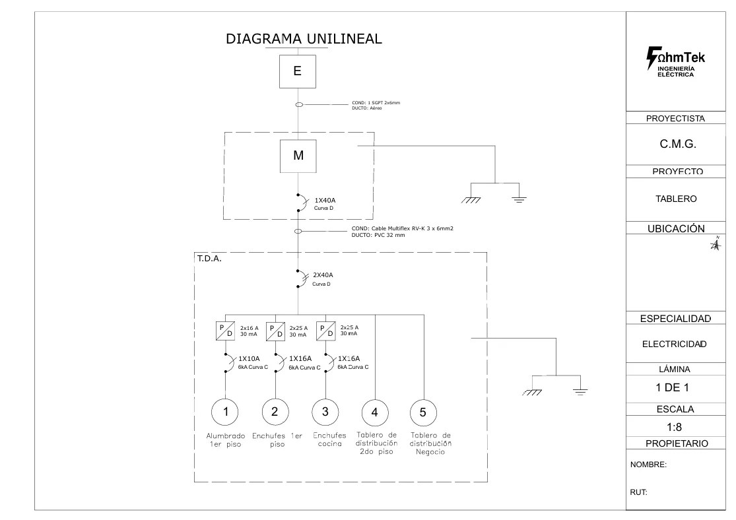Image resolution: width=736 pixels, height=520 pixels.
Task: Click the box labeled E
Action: click(x=298, y=71)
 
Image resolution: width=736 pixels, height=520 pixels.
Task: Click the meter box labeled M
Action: click(x=298, y=156)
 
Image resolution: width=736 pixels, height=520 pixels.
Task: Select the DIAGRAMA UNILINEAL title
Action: click(x=304, y=39)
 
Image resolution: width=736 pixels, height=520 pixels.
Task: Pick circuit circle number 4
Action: click(x=375, y=412)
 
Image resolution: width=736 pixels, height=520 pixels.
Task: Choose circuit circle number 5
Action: click(x=423, y=412)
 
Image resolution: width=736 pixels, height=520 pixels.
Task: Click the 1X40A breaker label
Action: click(x=325, y=200)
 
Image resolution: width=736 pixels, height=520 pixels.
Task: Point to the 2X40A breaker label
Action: click(x=323, y=275)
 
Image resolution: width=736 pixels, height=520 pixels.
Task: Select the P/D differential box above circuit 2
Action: click(x=275, y=331)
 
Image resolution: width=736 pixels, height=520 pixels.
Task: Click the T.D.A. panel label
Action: click(x=209, y=259)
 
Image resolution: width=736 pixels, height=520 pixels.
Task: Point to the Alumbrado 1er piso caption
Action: click(x=226, y=440)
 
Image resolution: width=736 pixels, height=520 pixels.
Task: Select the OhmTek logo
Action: click(x=675, y=62)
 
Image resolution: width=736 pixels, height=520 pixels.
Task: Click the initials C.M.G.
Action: click(x=679, y=145)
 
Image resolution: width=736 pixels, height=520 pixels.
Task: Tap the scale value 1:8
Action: click(x=675, y=427)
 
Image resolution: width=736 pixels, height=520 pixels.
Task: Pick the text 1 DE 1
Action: click(x=675, y=388)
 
